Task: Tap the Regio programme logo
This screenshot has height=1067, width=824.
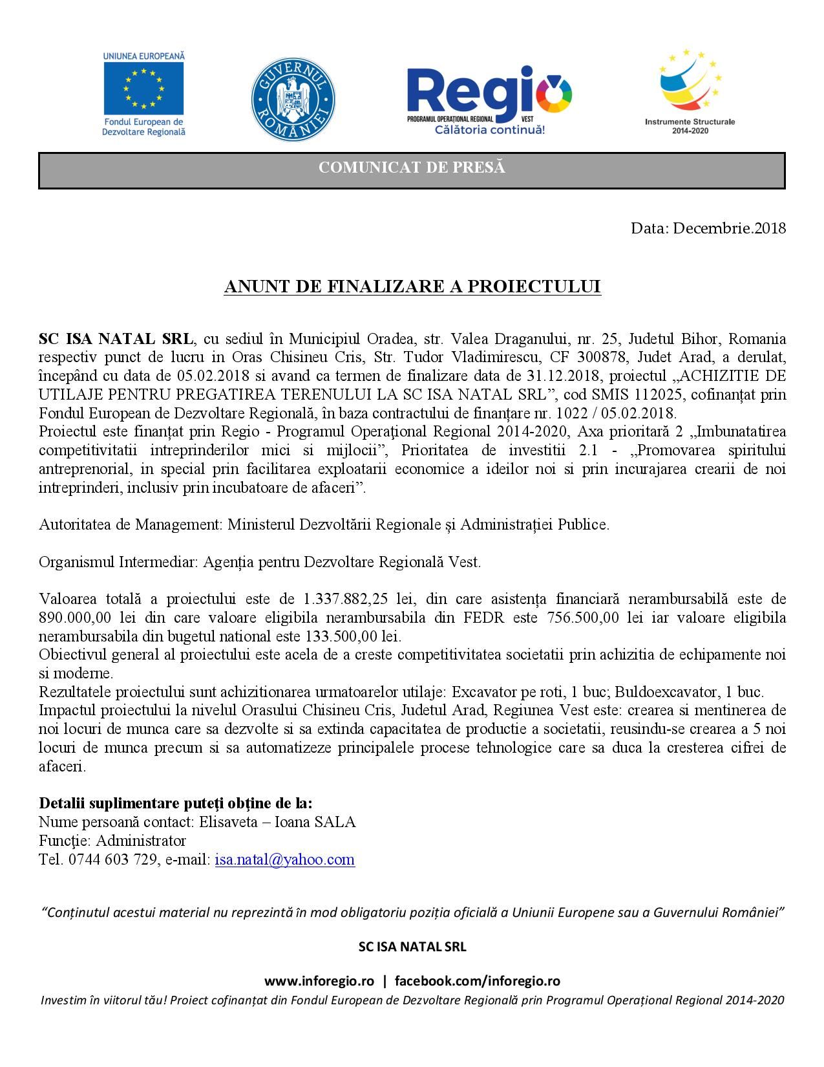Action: coord(489,96)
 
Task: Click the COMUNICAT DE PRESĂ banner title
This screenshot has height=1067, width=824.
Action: coord(412,168)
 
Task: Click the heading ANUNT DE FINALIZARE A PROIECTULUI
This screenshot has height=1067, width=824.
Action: coord(412,286)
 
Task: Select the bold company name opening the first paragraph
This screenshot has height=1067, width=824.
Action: coord(116,339)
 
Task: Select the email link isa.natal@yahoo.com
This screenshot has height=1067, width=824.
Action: coord(284,859)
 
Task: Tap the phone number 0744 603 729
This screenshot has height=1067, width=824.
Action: coord(111,859)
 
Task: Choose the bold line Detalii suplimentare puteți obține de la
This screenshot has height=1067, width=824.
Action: coord(176,803)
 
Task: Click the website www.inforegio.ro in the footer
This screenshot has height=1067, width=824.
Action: coord(319,981)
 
